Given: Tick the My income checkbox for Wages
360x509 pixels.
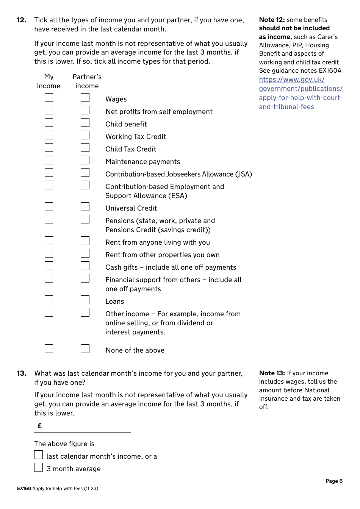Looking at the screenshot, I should tap(49, 98).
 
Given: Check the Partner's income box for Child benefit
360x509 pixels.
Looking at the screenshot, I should tap(85, 123).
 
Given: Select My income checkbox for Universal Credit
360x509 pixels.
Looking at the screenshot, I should tap(49, 207).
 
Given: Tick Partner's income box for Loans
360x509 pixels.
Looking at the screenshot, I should tap(85, 300).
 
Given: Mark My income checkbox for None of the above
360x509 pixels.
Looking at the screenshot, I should tap(49, 348).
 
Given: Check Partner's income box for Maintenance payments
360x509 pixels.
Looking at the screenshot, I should tap(85, 160).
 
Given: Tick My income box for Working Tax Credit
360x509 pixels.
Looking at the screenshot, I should tap(49, 135).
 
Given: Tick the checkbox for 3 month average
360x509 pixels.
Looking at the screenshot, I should tap(39, 467).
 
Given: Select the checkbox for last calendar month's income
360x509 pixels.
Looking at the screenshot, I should tap(39, 455).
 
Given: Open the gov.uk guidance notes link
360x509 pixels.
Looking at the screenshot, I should tap(301, 93).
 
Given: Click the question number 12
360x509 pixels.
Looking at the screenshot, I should tap(22, 20).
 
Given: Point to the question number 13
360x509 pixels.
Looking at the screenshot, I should tap(22, 373).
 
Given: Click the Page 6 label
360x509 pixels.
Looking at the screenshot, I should tap(334, 481).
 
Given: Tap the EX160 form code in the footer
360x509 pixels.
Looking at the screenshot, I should tap(24, 489).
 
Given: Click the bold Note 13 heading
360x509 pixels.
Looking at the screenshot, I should tap(272, 373).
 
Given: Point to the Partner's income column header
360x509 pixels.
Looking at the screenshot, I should tap(87, 81).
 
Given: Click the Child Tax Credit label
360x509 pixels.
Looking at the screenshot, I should tap(131, 149).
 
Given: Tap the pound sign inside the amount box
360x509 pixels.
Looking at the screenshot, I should tap(40, 426).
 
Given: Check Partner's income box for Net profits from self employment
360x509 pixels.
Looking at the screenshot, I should tap(85, 110).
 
